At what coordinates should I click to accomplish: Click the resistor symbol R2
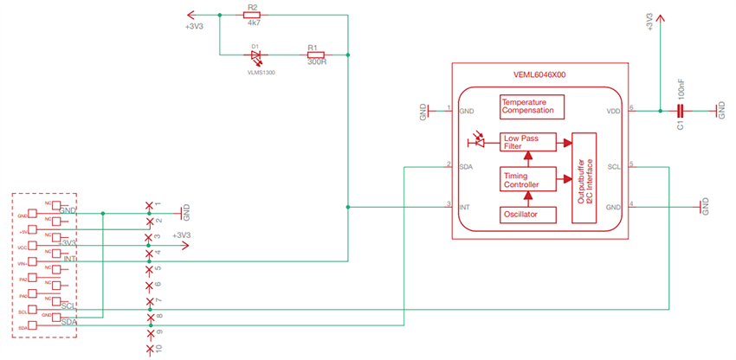pyautogui.click(x=253, y=15)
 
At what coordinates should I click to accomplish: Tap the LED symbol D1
pyautogui.click(x=256, y=55)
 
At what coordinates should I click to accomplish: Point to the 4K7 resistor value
pyautogui.click(x=253, y=24)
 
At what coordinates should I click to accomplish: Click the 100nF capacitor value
pyautogui.click(x=681, y=91)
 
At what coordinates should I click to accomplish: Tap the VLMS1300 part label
pyautogui.click(x=258, y=73)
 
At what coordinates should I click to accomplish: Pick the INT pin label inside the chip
pyautogui.click(x=464, y=207)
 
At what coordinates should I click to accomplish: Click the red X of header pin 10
pyautogui.click(x=151, y=348)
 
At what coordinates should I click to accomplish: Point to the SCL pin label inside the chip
pyautogui.click(x=612, y=167)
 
